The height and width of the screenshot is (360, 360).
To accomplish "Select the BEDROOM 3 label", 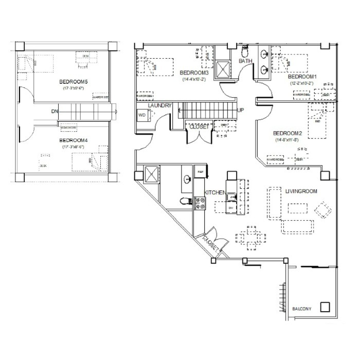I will pos(193,74).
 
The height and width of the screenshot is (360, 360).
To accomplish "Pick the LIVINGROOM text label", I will pos(301,191).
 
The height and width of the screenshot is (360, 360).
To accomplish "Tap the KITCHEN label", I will pos(215,192).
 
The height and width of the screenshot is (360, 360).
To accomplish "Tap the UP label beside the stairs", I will pos(240,111).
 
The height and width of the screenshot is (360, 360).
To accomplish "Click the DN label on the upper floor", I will pos(55,111).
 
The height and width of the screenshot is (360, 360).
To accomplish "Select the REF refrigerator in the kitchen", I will pos(199,171).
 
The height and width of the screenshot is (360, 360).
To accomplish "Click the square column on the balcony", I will pos(325,307).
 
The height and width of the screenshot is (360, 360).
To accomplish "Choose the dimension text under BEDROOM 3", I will pos(193,80).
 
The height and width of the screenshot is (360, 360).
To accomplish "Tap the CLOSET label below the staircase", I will pos(200,126).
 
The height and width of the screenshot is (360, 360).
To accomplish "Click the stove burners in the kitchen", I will pos(199,204).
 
